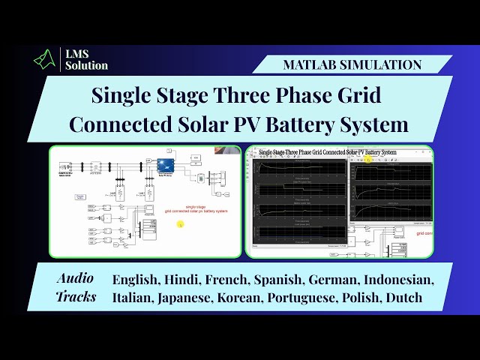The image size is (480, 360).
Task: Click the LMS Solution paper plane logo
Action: pos(46,58)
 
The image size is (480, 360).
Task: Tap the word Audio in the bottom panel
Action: pos(76,278)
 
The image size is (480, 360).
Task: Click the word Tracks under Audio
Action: pos(76,297)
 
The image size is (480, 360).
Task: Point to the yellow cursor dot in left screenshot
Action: pos(180,223)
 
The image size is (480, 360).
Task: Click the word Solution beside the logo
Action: pos(85,65)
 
